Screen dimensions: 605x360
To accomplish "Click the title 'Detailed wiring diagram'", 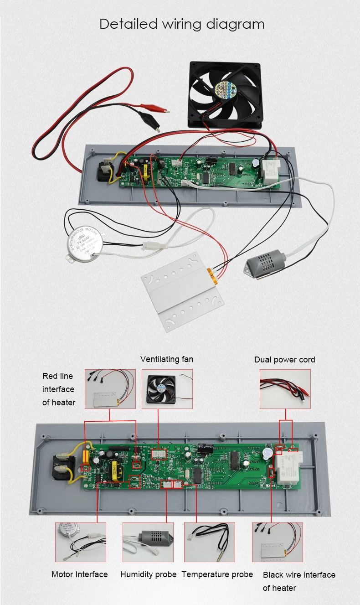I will (x=182, y=24).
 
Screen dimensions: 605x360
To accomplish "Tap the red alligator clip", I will (x=153, y=108).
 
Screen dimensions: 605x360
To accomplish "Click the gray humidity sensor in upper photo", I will (x=265, y=266).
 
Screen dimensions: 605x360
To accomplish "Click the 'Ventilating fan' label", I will (x=167, y=359).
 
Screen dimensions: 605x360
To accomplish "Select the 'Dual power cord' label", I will (x=284, y=360).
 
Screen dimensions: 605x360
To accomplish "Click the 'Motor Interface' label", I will (x=80, y=574).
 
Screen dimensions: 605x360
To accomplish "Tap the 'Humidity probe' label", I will (x=148, y=574).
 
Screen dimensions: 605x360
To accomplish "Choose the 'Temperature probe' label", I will (x=217, y=574).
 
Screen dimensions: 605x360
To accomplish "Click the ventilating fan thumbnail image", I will (x=167, y=389).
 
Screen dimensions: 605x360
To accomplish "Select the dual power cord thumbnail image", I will (x=285, y=389).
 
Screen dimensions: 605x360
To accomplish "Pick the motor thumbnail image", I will (x=80, y=542).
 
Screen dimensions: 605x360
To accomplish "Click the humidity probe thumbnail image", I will (x=149, y=542).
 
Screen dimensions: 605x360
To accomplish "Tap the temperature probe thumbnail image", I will (x=209, y=542).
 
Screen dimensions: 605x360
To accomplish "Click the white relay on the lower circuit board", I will (x=286, y=470).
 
